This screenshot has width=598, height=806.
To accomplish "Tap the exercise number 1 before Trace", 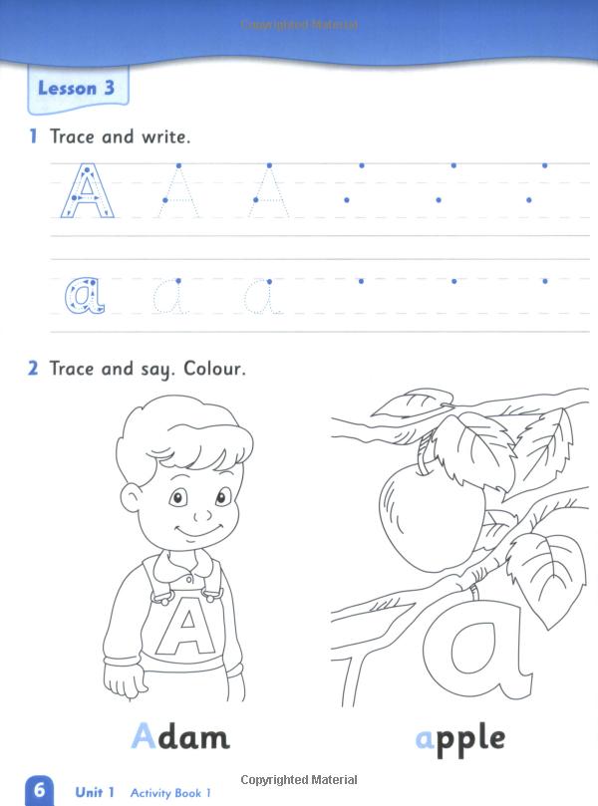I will [33, 136].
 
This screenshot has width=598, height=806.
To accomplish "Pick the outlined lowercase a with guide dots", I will [82, 295].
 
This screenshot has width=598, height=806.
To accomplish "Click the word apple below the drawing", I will [459, 738].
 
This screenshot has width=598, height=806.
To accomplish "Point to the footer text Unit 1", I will [96, 793].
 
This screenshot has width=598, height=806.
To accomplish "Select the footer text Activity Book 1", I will [169, 793].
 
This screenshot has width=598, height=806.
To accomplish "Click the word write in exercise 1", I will [164, 136].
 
